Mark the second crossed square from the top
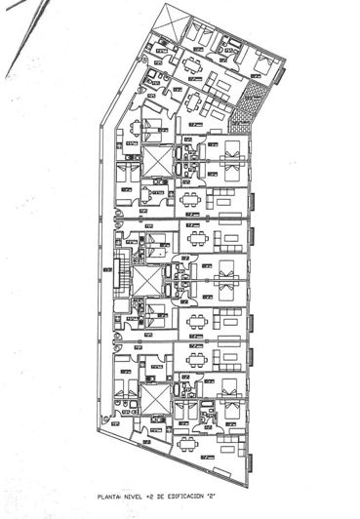coord(157,158)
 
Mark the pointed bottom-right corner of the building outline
coord(250,485)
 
